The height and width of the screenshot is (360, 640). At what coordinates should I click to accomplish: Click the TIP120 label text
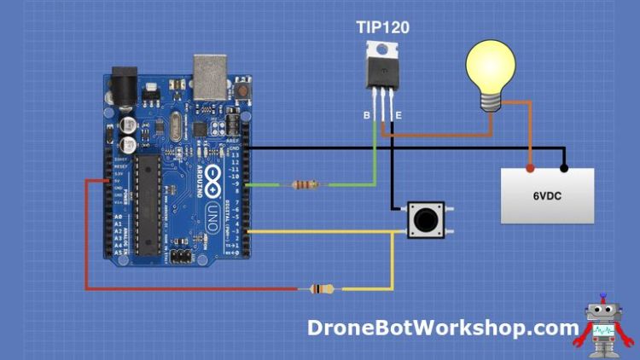click(382, 27)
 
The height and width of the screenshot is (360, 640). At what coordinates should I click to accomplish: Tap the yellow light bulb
click(490, 67)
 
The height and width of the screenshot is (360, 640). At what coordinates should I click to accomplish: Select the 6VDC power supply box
click(546, 195)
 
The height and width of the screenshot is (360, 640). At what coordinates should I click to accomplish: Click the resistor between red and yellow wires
click(322, 289)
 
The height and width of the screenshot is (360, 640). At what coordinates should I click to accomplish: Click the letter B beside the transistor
click(366, 113)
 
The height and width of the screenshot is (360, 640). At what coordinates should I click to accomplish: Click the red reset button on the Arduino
click(244, 89)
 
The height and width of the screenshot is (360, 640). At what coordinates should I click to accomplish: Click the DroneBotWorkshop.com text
click(443, 328)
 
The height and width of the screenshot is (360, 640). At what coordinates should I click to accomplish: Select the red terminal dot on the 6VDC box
click(530, 167)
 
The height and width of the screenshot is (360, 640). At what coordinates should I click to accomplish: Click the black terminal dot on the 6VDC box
click(563, 167)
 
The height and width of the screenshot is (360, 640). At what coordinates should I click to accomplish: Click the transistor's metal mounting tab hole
click(382, 49)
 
